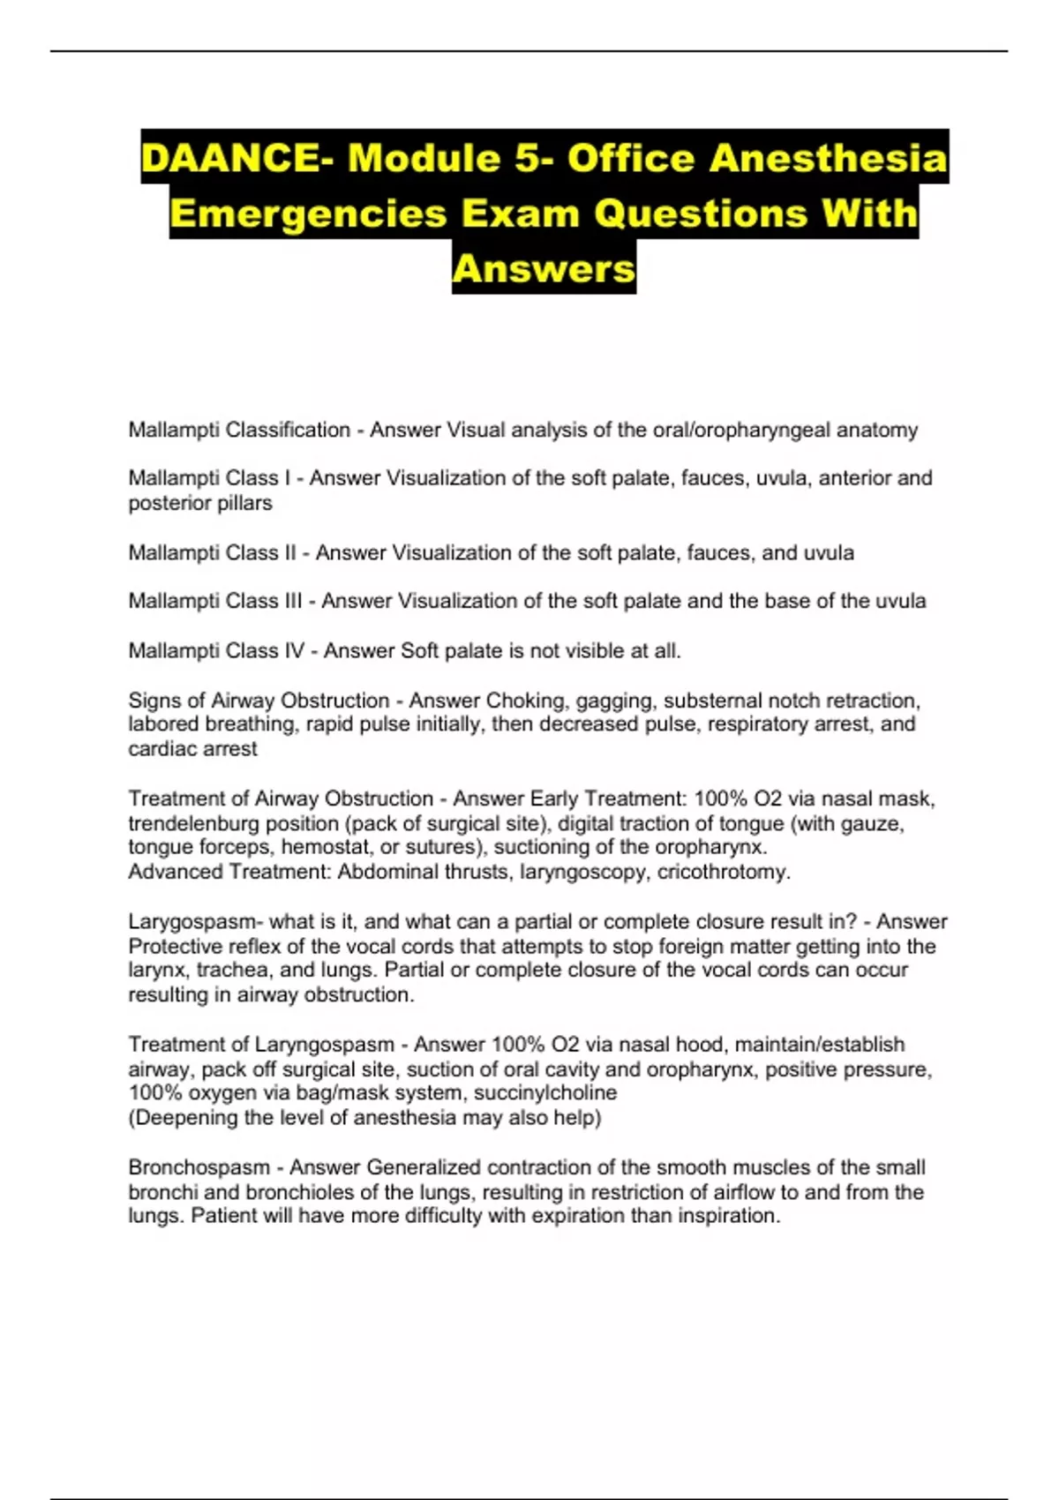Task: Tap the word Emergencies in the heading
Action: [x=308, y=214]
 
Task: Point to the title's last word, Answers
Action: [x=544, y=268]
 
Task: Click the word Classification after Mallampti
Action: [x=288, y=431]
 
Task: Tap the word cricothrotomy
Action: [x=723, y=872]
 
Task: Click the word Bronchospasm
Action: [x=199, y=1167]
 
